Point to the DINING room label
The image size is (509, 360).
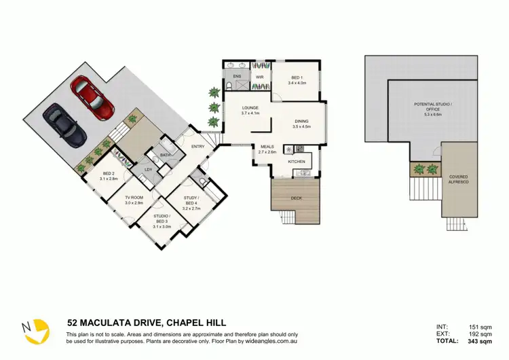coord(301,123)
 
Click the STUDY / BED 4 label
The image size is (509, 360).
coord(191,200)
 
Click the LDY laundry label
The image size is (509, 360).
coord(149,169)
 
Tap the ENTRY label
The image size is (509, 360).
coord(198,147)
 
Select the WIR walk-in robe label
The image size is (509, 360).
coord(259,77)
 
